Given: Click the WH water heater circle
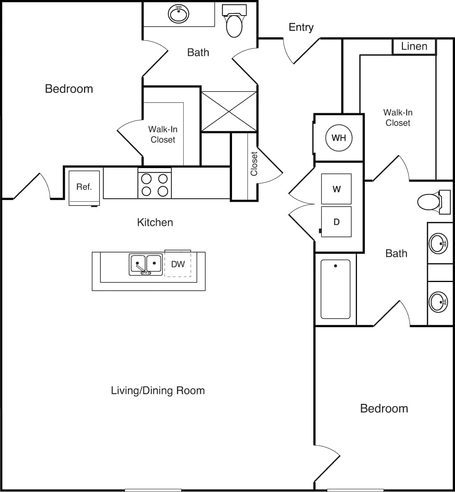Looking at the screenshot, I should point(339,138).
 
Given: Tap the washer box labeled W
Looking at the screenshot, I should point(336,189).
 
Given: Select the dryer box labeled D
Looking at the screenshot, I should point(336,222).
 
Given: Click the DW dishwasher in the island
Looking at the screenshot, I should point(178,264).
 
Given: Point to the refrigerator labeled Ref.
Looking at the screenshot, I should point(84,187).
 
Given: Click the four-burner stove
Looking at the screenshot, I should point(155,185).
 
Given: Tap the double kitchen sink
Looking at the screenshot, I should point(146,265).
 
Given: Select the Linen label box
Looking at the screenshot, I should point(414,46).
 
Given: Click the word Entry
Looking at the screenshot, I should point(301,27).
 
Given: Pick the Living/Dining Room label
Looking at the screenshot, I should point(158,390).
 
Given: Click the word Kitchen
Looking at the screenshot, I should point(155,222).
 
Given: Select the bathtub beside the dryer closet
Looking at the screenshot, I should point(335,289).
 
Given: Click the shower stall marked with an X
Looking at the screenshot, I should point(228,112).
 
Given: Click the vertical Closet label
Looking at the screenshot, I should point(254,164).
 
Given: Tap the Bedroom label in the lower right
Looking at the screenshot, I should point(384,408).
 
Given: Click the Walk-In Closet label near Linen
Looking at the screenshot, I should point(398,118).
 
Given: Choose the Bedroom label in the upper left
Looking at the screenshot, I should point(69,89).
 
